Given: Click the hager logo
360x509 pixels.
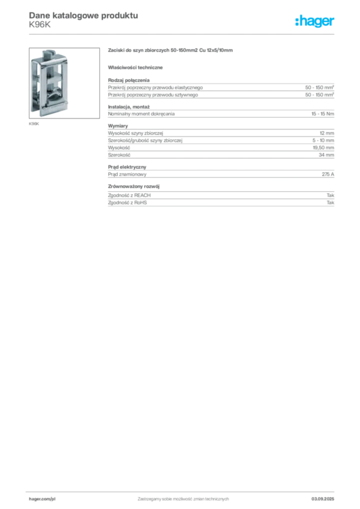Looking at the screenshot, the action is pyautogui.click(x=315, y=21).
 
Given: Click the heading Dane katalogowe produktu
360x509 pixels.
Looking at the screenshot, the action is pyautogui.click(x=84, y=15).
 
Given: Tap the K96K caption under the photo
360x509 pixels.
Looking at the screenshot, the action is pyautogui.click(x=34, y=124).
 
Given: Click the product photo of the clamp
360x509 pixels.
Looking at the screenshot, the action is pyautogui.click(x=64, y=83).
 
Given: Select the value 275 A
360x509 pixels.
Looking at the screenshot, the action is pyautogui.click(x=328, y=174).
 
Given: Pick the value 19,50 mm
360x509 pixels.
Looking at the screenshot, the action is pyautogui.click(x=323, y=148).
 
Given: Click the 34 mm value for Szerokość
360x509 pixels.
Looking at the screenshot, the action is pyautogui.click(x=326, y=155).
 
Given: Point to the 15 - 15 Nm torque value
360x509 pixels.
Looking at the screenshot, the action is pyautogui.click(x=323, y=114).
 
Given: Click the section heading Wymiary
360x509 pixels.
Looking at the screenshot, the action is pyautogui.click(x=118, y=126).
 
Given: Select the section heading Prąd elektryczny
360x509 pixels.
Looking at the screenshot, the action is pyautogui.click(x=127, y=167).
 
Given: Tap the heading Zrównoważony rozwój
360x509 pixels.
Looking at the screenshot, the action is pyautogui.click(x=134, y=186).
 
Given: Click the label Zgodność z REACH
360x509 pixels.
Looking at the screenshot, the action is pyautogui.click(x=129, y=195).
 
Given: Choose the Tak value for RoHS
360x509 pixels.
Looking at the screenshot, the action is pyautogui.click(x=331, y=203).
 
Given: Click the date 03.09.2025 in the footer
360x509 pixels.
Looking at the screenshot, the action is pyautogui.click(x=323, y=499).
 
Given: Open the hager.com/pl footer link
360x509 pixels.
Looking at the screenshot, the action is pyautogui.click(x=42, y=499).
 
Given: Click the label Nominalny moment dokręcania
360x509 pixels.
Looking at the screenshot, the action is pyautogui.click(x=141, y=114).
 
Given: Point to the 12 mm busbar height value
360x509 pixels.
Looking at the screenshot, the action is pyautogui.click(x=327, y=133).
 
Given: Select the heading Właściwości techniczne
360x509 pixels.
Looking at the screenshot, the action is pyautogui.click(x=135, y=68).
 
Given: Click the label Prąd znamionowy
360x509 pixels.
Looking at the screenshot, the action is pyautogui.click(x=127, y=174).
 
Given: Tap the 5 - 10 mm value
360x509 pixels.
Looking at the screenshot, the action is pyautogui.click(x=323, y=140).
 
